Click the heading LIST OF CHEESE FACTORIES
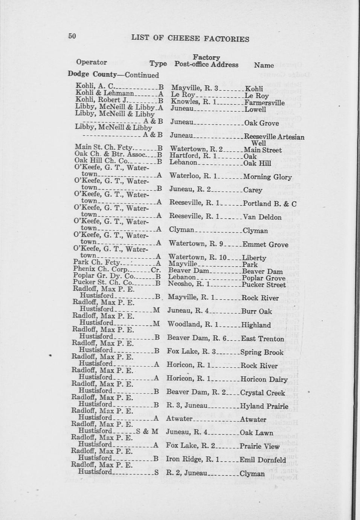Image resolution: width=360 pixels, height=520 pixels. (190, 38)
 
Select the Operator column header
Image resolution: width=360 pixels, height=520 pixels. (92, 62)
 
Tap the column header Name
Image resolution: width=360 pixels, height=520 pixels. (264, 65)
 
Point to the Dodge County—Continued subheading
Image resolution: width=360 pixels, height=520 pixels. (113, 75)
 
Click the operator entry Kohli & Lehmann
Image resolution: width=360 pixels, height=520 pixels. (105, 93)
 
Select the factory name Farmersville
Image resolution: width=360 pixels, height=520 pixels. (264, 102)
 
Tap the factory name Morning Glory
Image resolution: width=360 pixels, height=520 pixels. (267, 177)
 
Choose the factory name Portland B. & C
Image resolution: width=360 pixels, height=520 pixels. (270, 204)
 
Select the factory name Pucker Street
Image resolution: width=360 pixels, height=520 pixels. (264, 285)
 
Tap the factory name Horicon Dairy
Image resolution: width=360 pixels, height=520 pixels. (264, 379)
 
